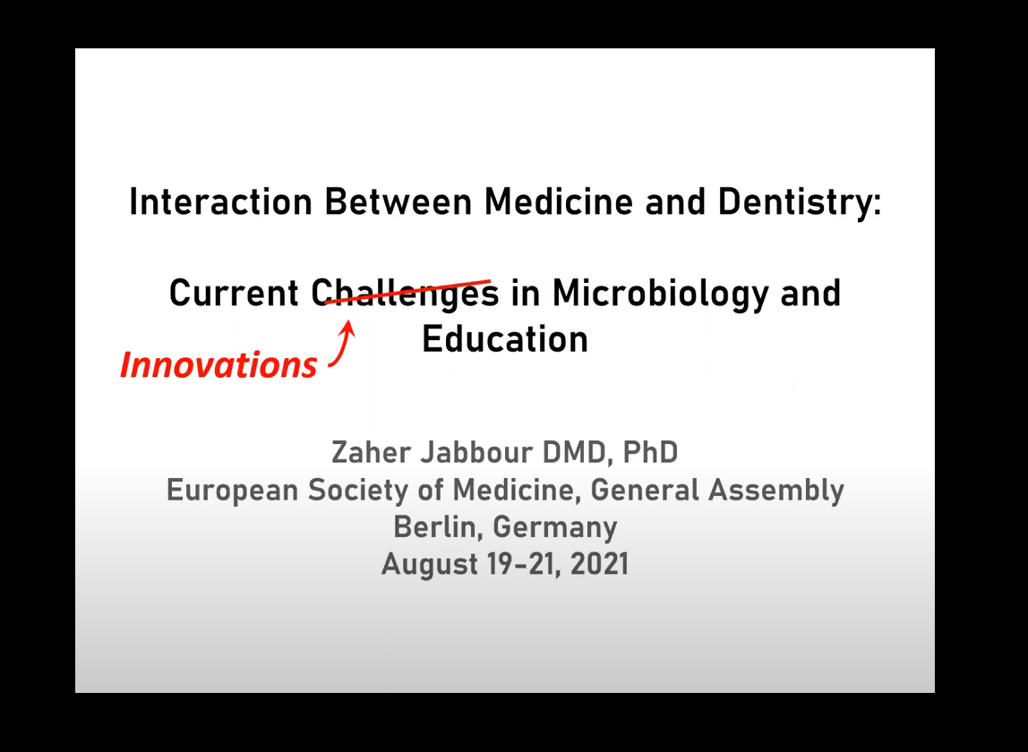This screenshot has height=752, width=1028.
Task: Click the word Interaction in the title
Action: point(220,201)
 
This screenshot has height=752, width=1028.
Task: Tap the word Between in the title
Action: point(398,201)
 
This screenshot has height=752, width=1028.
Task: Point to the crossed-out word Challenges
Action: point(405,293)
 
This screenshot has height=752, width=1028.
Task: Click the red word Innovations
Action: point(218,364)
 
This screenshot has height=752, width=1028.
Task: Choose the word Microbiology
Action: point(660,293)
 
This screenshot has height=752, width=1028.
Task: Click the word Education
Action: point(505,339)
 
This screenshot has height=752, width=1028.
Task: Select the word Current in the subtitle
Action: point(234,293)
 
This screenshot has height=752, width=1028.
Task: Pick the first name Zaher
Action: point(370,452)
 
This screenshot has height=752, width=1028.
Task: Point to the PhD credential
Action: point(650,452)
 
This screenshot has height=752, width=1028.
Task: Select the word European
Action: point(232,491)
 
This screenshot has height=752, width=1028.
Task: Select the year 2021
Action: point(599,565)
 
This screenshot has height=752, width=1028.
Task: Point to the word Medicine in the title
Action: point(559,201)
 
